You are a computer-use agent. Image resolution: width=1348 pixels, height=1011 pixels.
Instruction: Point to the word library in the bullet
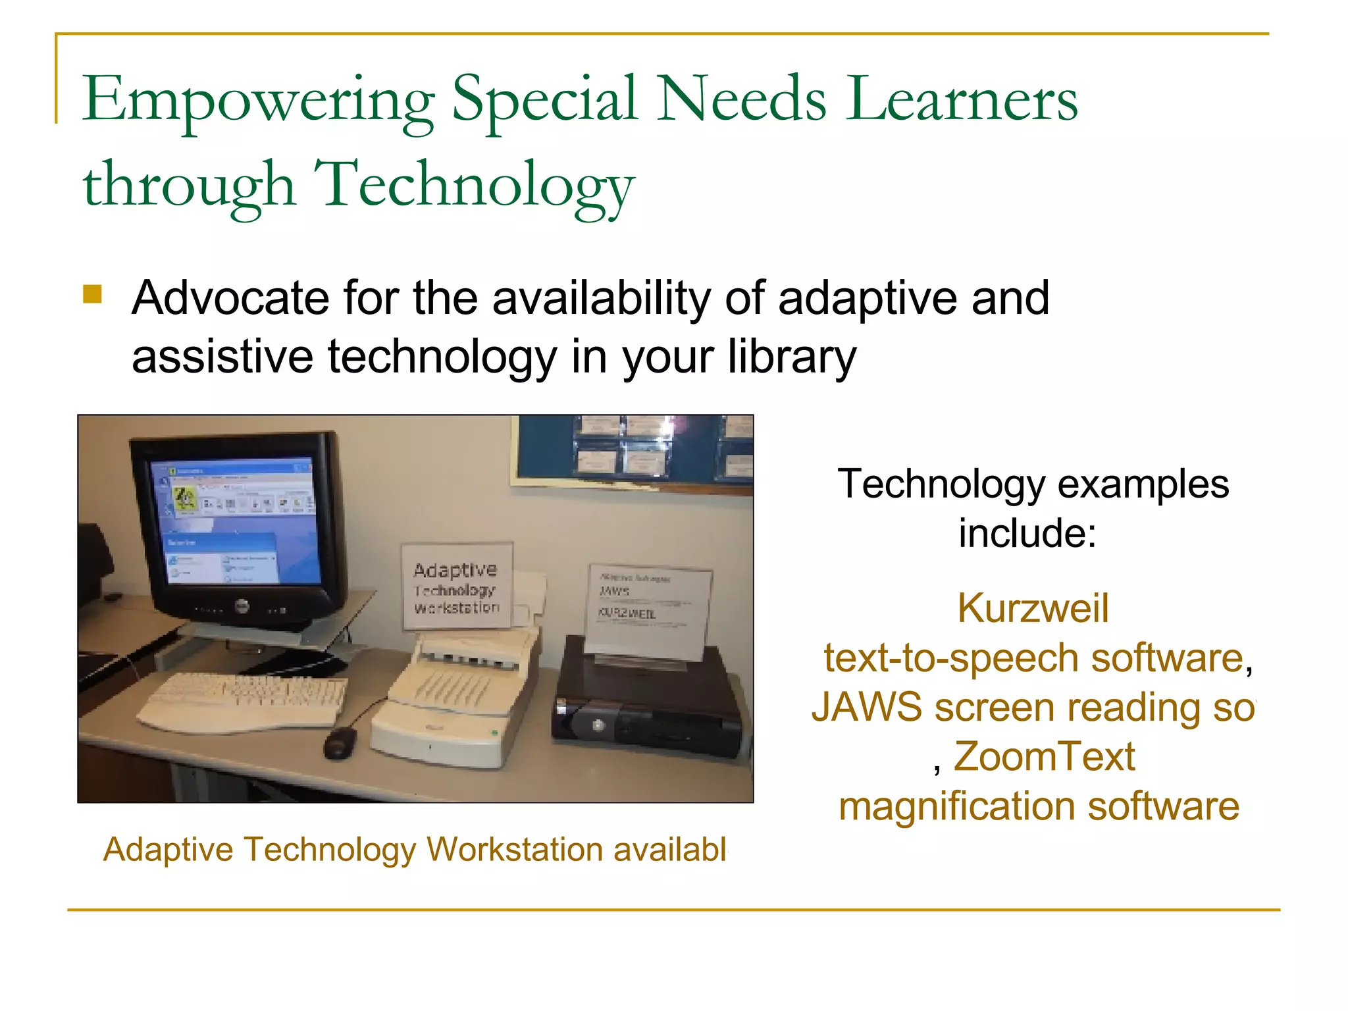792,357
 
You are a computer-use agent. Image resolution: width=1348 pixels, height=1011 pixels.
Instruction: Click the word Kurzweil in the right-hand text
1033,608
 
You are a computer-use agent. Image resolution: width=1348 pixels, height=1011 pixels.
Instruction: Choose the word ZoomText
1044,756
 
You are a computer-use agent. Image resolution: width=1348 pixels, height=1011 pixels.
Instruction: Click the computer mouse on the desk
340,742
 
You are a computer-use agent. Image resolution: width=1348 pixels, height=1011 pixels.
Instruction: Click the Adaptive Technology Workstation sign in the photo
457,586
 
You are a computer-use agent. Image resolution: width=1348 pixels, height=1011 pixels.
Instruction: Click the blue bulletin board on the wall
632,451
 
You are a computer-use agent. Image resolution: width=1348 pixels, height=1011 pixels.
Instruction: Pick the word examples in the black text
1143,484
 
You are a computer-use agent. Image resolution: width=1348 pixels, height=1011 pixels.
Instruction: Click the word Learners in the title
962,100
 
